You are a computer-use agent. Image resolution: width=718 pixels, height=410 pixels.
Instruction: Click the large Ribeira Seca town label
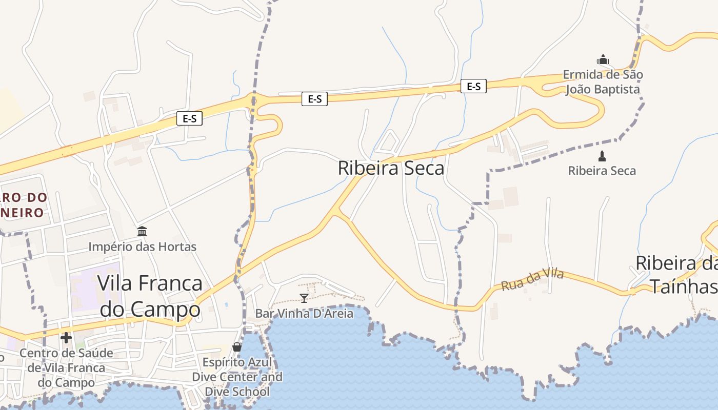[x=391, y=168]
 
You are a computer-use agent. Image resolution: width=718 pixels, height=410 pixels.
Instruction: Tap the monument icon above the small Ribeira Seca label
[x=602, y=156]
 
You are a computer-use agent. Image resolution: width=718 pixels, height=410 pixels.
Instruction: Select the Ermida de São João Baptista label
[x=603, y=82]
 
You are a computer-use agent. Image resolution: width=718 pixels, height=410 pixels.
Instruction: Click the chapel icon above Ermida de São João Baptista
[x=603, y=59]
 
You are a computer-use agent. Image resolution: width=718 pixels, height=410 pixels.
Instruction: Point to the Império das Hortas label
[x=142, y=247]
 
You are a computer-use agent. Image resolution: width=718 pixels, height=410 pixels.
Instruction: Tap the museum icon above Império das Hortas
[x=142, y=232]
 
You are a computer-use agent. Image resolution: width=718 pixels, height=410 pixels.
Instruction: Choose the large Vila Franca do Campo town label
[x=150, y=296]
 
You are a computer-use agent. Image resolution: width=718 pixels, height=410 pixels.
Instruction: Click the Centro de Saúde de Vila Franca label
[x=66, y=367]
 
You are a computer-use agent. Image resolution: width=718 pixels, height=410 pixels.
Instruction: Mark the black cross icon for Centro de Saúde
[x=66, y=337]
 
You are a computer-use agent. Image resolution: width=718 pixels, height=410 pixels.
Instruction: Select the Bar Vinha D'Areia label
[x=304, y=313]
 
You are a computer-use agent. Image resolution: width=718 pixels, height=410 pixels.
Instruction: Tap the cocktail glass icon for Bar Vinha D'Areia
[x=304, y=298]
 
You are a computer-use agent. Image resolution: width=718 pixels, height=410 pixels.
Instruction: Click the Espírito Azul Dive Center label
[x=237, y=377]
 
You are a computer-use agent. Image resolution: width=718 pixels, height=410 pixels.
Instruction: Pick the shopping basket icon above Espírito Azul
[x=237, y=347]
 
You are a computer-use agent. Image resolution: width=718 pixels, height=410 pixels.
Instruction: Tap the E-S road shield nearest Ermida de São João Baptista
[x=473, y=86]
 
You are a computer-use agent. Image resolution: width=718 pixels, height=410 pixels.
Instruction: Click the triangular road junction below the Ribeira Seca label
[x=339, y=211]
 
